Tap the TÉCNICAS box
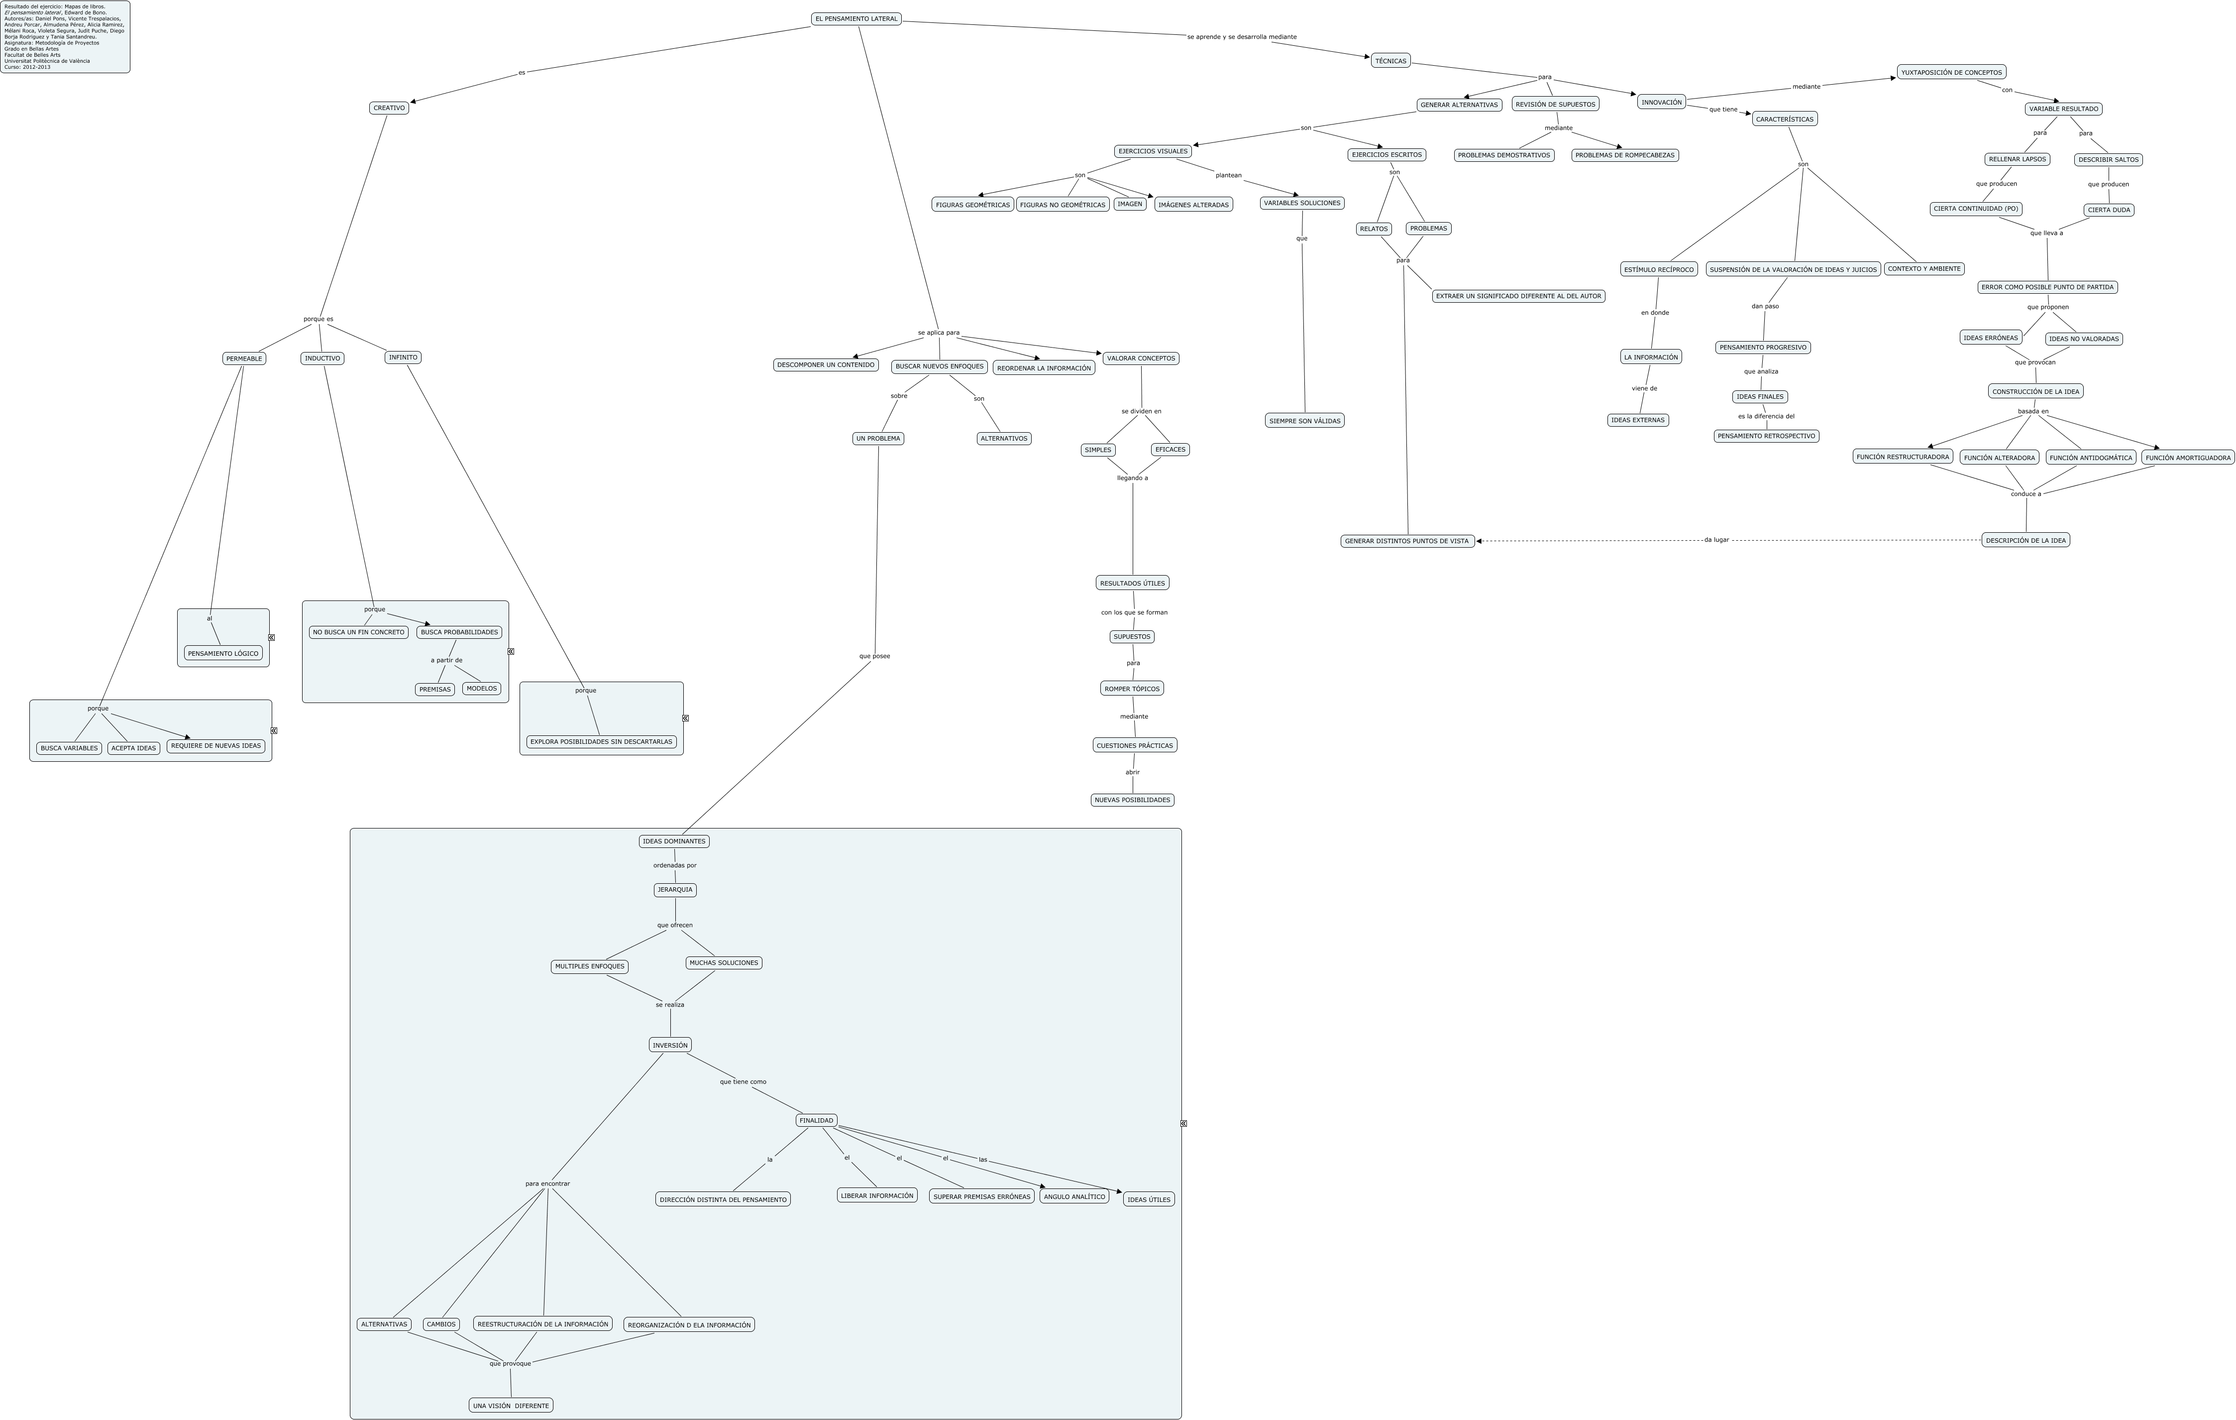pos(1390,60)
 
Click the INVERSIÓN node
pos(669,1045)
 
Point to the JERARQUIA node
pos(674,890)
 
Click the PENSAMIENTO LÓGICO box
pos(223,653)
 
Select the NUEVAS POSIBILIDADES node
pos(1132,800)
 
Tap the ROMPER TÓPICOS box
pos(1131,688)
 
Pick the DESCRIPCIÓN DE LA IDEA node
pos(2025,540)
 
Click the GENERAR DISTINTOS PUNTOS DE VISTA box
pos(1407,541)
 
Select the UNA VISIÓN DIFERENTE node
pos(511,1405)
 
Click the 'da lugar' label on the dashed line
pos(1716,540)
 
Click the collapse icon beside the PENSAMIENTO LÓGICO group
pos(271,637)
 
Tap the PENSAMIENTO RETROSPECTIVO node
pos(1766,436)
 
